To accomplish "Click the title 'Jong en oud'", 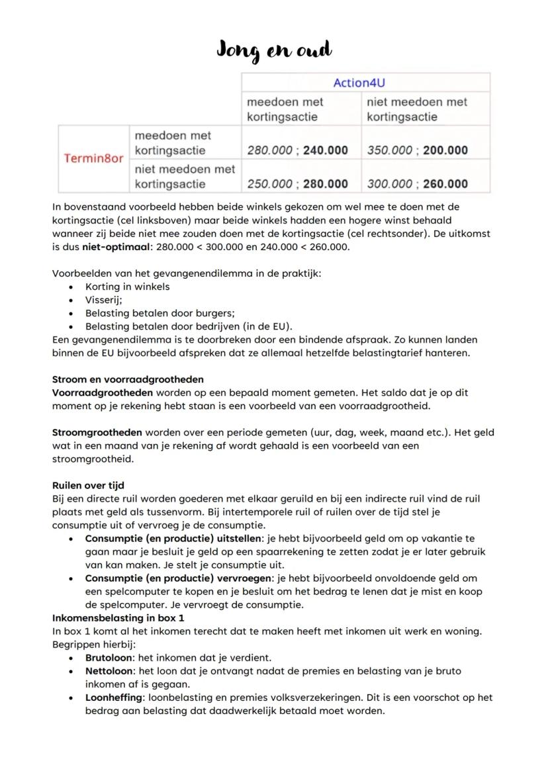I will click(274, 50).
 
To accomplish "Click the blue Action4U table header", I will click(365, 82).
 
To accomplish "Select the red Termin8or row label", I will click(93, 159).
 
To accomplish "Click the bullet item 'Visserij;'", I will click(99, 300).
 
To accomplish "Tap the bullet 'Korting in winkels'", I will click(127, 287).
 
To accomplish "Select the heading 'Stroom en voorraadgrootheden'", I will click(128, 379).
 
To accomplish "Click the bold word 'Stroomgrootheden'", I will click(97, 432).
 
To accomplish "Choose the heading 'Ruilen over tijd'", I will click(88, 485).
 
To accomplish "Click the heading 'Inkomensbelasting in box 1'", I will click(118, 617).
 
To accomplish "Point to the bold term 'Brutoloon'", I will click(108, 658).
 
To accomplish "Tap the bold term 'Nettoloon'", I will click(109, 671).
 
